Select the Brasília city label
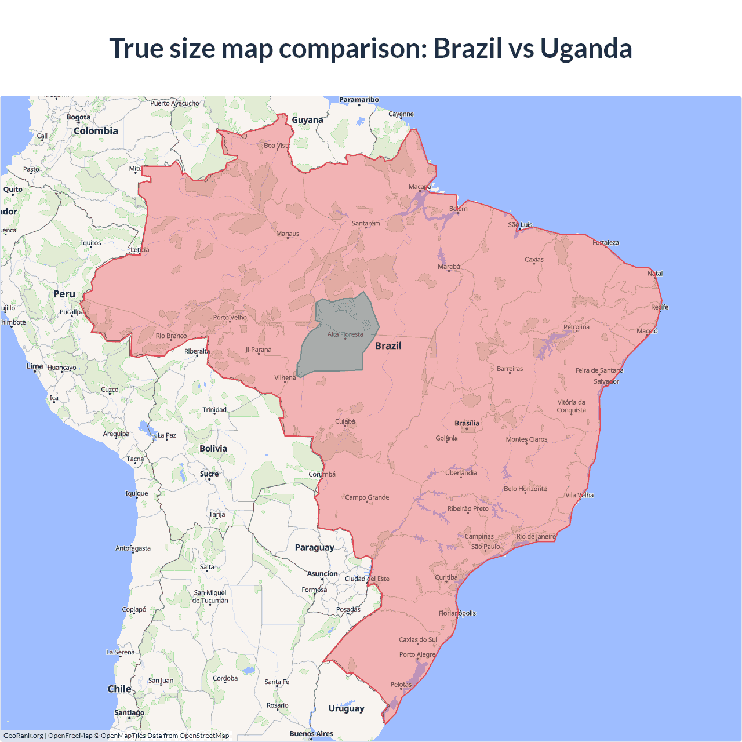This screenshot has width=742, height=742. click(x=467, y=423)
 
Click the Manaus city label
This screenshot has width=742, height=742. click(x=288, y=234)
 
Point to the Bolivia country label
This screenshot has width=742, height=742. click(x=213, y=448)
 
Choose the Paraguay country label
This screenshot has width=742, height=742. click(x=314, y=547)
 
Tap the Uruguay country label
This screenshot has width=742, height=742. click(x=346, y=708)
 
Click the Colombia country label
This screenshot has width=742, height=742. click(x=96, y=131)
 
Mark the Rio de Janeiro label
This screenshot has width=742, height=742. click(x=536, y=536)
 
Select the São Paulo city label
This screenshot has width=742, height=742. click(x=485, y=547)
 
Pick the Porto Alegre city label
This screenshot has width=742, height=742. click(x=417, y=654)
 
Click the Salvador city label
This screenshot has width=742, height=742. click(x=606, y=381)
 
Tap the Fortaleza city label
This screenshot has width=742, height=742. click(x=606, y=242)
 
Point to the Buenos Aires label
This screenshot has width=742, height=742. click(x=311, y=733)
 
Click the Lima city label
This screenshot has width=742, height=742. click(x=34, y=366)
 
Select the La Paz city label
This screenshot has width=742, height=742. click(x=166, y=435)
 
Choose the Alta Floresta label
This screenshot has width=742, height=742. click(x=345, y=334)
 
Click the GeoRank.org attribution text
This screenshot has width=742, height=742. click(x=23, y=736)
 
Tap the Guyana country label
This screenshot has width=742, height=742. click(x=307, y=120)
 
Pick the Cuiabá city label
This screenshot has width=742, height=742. click(x=345, y=421)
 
